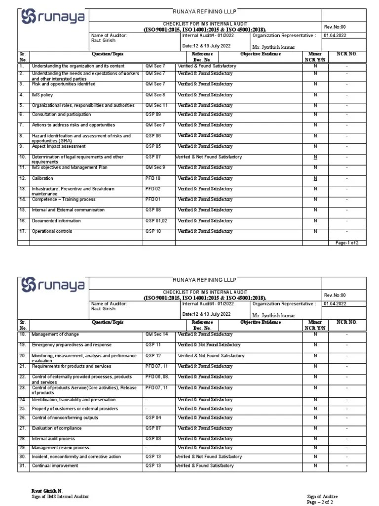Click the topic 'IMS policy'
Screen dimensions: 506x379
coord(42,95)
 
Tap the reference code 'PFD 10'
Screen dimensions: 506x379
coord(153,178)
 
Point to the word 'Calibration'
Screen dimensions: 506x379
coord(42,178)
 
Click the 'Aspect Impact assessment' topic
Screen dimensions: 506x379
coord(59,146)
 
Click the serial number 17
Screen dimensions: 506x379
coord(22,231)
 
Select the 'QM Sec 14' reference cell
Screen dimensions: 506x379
coord(156,335)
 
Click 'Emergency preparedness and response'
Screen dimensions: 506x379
coord(72,345)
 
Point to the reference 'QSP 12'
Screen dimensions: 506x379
coord(152,355)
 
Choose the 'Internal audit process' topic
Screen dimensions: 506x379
coord(53,439)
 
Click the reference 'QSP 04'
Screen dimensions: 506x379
coord(152,418)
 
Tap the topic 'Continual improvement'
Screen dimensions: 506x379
coord(56,466)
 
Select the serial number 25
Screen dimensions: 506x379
coord(22,409)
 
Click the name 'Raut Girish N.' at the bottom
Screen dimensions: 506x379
coord(47,490)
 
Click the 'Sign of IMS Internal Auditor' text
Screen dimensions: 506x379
coord(61,496)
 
